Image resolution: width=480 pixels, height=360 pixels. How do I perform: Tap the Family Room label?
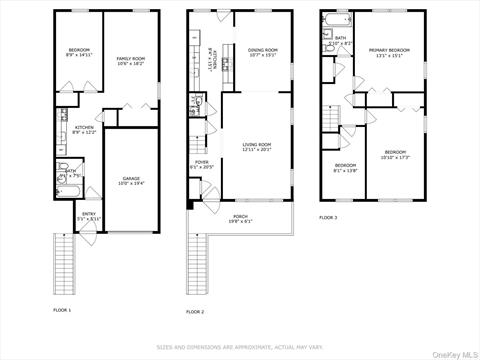click(x=131, y=61)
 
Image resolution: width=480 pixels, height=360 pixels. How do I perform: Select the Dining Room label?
click(x=263, y=51)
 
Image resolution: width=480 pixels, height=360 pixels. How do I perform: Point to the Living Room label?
click(x=257, y=148)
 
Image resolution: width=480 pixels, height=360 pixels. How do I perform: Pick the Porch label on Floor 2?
click(x=240, y=218)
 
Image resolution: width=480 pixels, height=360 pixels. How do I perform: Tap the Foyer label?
click(x=202, y=164)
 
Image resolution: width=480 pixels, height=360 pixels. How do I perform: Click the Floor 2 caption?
click(x=195, y=312)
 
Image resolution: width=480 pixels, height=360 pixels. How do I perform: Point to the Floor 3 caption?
click(x=328, y=217)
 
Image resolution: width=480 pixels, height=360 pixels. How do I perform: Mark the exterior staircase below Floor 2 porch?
click(x=196, y=264)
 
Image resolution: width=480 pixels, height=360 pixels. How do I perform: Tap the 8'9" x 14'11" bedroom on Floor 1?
click(x=79, y=53)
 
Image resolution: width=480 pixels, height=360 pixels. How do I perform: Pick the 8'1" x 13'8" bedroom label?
click(x=345, y=167)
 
